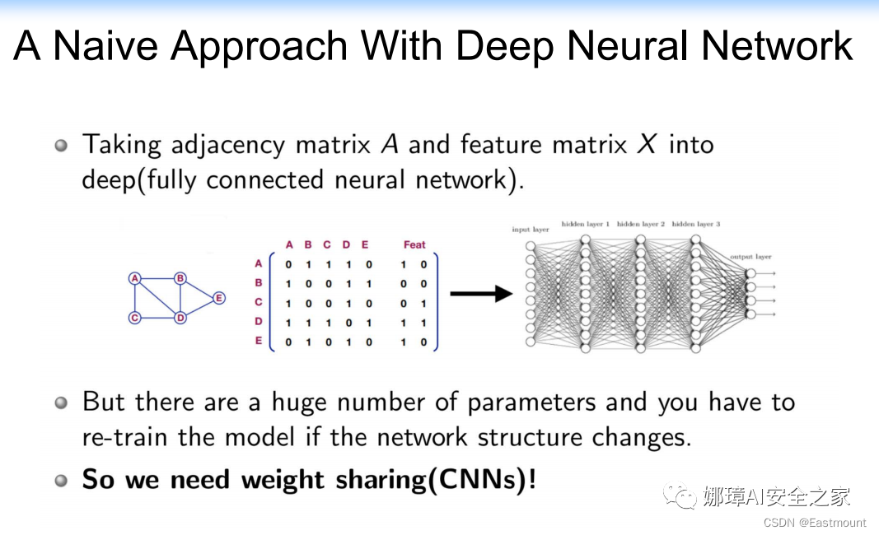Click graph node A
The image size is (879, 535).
[x=135, y=278]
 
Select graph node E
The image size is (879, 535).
[x=218, y=298]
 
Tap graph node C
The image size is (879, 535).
[x=135, y=318]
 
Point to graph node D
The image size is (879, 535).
[x=180, y=318]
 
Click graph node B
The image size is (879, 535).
[x=180, y=278]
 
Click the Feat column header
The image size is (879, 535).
[x=414, y=244]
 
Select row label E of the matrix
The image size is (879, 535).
[x=259, y=341]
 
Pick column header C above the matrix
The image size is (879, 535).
[x=327, y=244]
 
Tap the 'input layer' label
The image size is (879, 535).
[x=530, y=230]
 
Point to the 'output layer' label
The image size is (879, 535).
[x=750, y=258]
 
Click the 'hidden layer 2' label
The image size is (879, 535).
[x=640, y=224]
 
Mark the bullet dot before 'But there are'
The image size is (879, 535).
[x=61, y=403]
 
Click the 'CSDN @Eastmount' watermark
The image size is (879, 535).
[x=814, y=523]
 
